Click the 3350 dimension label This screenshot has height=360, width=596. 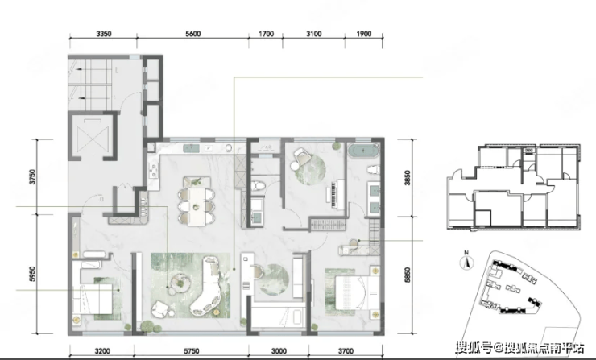[x=103, y=34]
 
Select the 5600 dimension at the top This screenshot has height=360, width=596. [x=192, y=34]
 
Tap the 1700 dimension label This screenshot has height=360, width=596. [x=266, y=34]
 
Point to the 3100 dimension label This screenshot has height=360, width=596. [x=313, y=34]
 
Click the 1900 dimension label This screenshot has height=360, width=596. [x=364, y=34]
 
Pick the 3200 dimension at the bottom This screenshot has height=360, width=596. [x=101, y=351]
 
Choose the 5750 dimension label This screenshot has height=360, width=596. [x=191, y=351]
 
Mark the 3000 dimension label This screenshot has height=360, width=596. [x=279, y=351]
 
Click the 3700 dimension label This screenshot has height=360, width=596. [x=346, y=351]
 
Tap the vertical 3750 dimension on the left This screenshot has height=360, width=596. [x=32, y=177]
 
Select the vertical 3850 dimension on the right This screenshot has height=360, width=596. [x=407, y=178]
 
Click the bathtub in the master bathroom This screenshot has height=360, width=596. [x=363, y=151]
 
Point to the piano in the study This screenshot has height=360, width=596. [x=335, y=194]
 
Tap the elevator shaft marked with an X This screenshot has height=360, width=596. [x=93, y=136]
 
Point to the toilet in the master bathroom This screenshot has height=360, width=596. [x=373, y=169]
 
